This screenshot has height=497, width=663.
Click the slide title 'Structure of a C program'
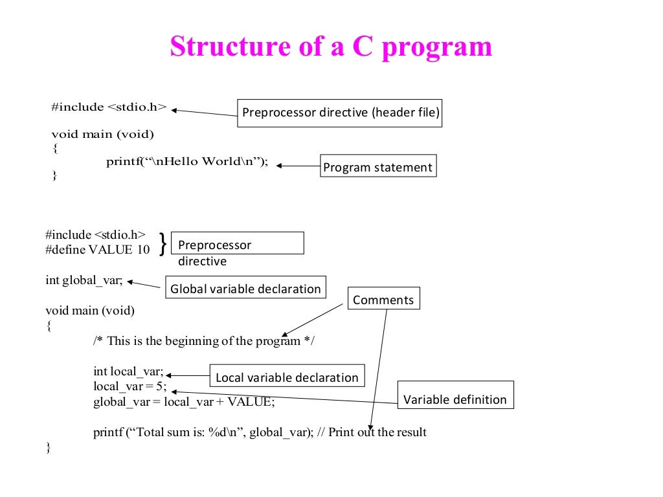click(331, 47)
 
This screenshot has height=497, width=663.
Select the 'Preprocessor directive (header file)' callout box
click(340, 113)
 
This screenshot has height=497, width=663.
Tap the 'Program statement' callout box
click(377, 167)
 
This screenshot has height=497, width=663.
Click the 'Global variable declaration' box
click(245, 289)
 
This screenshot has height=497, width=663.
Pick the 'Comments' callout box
click(383, 300)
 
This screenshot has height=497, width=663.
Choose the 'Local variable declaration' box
click(286, 377)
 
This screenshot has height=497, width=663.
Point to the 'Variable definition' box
click(455, 399)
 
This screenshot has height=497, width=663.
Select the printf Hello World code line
click(186, 162)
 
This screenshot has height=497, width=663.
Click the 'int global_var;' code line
click(84, 280)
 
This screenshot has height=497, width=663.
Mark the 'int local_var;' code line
click(128, 371)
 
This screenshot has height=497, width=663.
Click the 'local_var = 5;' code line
click(130, 386)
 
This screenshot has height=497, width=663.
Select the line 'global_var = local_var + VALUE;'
click(184, 402)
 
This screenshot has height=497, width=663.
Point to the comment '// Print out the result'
click(372, 432)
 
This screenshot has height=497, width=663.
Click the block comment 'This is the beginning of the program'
click(203, 341)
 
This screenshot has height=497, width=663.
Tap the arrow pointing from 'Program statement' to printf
click(298, 166)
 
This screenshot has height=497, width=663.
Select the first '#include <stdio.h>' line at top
click(109, 107)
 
